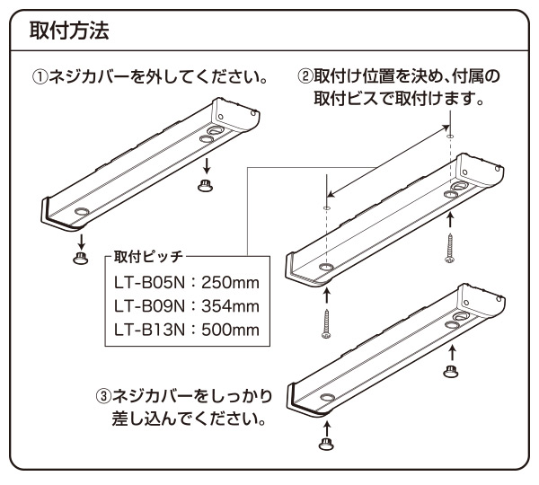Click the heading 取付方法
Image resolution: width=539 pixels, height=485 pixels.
point(69,31)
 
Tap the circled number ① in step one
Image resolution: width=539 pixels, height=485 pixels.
point(40,77)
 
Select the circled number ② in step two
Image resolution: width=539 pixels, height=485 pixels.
point(305,76)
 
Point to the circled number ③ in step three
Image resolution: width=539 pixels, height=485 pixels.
point(104,396)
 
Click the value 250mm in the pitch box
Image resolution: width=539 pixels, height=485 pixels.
point(230,283)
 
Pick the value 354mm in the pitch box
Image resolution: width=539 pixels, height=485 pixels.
point(230,306)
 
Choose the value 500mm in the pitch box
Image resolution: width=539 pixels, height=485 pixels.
point(230,330)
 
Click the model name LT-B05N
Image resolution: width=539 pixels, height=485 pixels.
point(149,283)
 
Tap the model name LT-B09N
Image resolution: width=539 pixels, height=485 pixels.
point(149,306)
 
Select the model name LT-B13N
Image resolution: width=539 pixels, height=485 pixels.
point(149,330)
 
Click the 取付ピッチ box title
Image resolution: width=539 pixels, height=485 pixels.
point(148,256)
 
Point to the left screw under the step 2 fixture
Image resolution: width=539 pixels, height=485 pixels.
point(326,323)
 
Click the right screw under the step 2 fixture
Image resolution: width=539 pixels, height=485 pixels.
point(449,248)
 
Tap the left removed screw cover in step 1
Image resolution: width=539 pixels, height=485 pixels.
point(81,258)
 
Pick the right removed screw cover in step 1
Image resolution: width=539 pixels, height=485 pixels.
point(205,185)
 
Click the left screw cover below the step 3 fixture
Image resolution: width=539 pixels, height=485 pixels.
point(326,444)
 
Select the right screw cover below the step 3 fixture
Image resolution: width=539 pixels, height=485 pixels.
point(450,371)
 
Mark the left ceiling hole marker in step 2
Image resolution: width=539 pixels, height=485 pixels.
point(327,207)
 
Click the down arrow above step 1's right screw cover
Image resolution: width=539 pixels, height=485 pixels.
point(207,166)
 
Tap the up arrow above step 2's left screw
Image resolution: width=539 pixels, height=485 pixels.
point(327,296)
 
